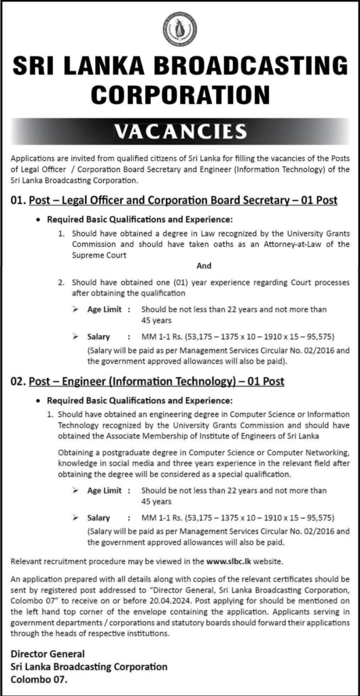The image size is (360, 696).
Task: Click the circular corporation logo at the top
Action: tap(180, 29)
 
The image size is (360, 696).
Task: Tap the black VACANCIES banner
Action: tap(180, 129)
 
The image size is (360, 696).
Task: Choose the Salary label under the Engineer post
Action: tap(98, 518)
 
